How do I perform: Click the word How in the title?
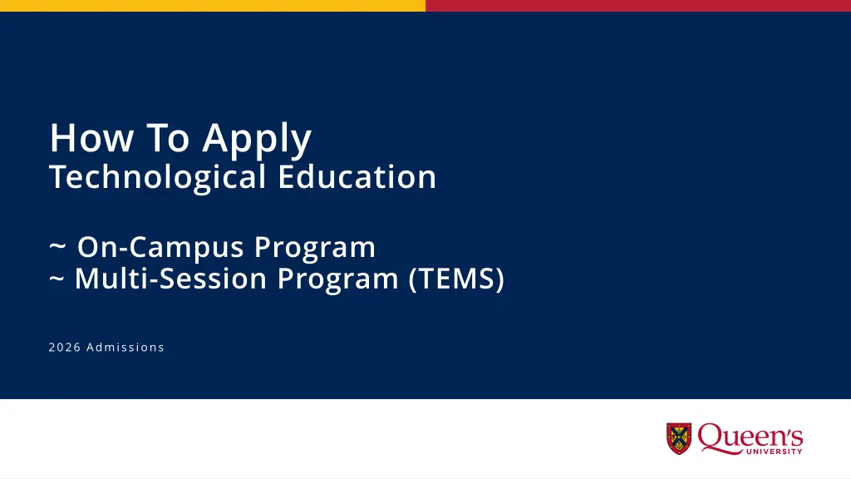pos(91,138)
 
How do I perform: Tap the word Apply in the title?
pos(258,141)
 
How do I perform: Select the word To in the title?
pos(168,138)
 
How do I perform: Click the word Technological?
pos(158,178)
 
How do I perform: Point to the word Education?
pos(357,177)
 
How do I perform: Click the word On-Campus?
pos(160,248)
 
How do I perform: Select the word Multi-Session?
pos(170,278)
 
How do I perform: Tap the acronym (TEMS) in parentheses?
pos(456,279)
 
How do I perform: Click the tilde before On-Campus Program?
pos(57,247)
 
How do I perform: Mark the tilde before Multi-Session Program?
pos(57,279)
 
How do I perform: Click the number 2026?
pos(65,348)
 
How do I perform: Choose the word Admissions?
pos(125,348)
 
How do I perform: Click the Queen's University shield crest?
pos(679,438)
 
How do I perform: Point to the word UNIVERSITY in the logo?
pos(775,452)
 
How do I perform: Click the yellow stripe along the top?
pos(213,6)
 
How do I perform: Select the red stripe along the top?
pos(638,6)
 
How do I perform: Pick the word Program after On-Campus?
pos(315,249)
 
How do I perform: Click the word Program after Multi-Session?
pos(337,279)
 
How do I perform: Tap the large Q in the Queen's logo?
pos(711,437)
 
